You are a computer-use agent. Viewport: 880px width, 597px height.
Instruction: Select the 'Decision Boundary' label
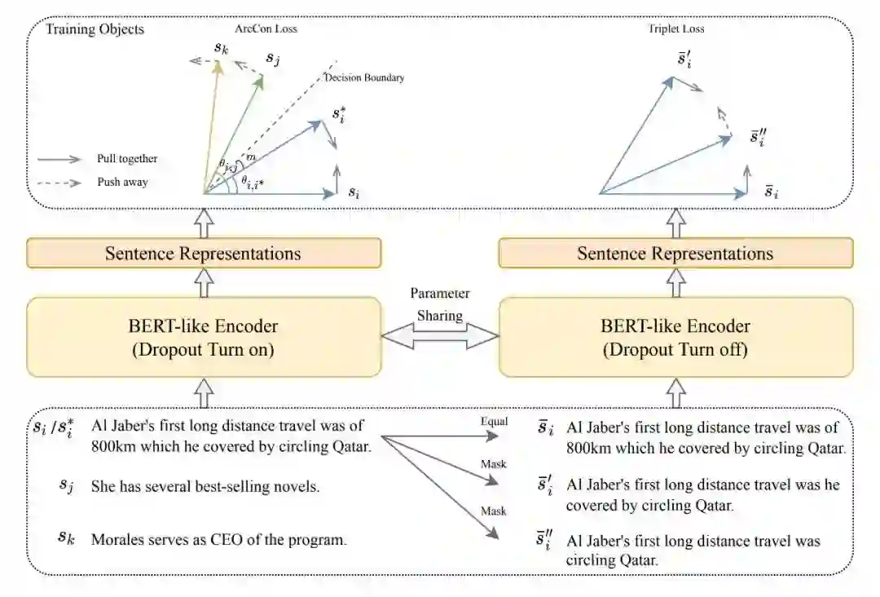(364, 78)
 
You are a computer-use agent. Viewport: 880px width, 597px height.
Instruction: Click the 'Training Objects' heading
(95, 29)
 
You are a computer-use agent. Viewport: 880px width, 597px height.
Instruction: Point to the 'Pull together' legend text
(127, 159)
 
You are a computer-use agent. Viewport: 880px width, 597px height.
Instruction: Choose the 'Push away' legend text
(122, 182)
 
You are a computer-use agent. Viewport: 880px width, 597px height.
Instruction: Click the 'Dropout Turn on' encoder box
(204, 336)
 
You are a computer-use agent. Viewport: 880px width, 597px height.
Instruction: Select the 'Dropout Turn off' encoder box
(675, 336)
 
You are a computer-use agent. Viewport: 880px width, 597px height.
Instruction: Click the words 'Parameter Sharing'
(440, 303)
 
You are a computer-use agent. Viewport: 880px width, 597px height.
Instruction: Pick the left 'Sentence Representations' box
(204, 253)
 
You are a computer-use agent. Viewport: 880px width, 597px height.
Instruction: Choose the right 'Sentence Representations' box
(675, 253)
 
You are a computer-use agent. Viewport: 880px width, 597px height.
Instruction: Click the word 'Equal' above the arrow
(495, 422)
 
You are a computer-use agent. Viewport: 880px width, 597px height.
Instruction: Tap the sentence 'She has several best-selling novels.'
(205, 487)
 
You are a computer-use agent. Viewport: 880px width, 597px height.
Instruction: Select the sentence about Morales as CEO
(220, 539)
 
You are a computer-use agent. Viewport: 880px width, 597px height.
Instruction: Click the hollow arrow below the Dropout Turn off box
(675, 395)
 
